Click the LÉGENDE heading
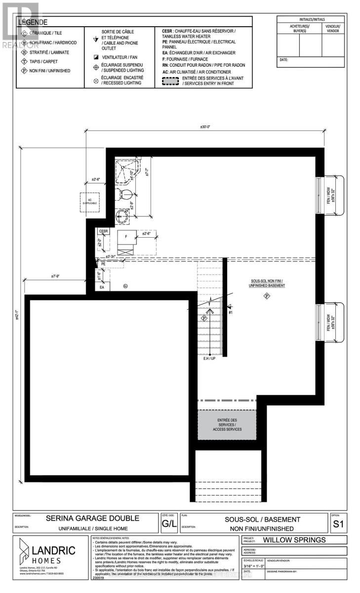tap(33, 22)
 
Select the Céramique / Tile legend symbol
tap(25, 34)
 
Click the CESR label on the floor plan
tap(104, 231)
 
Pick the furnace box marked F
tap(126, 237)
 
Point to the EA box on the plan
tap(103, 287)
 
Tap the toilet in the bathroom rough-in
tap(123, 194)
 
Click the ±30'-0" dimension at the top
tap(205, 127)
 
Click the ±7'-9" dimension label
tap(55, 276)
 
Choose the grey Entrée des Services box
tap(227, 424)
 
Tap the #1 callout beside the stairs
tap(230, 312)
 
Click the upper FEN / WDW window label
tap(334, 196)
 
